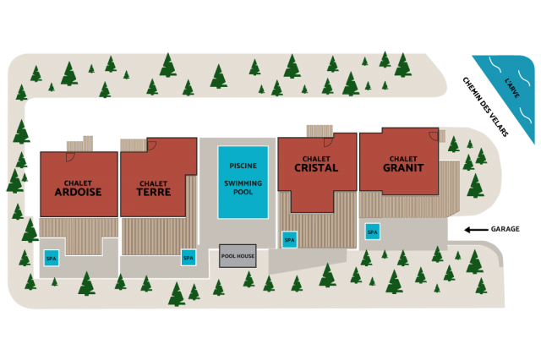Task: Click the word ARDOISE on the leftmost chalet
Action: coord(78,192)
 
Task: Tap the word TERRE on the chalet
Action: coord(154,192)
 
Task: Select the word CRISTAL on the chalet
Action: coord(316,167)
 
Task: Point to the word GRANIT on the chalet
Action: coord(402,167)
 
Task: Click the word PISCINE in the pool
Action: coord(243,166)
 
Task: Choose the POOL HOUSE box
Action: coord(238,255)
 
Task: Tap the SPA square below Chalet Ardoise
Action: coord(52,258)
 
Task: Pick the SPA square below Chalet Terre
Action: coord(188,258)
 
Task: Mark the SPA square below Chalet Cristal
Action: coord(289,240)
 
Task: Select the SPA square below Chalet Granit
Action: coord(372,231)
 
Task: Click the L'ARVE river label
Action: coord(512,90)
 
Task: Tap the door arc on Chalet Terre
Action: coord(152,145)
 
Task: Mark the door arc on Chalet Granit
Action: coord(434,136)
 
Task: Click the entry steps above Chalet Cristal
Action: coord(320,130)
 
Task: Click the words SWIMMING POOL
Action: coord(243,188)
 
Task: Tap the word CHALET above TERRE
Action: coord(154,183)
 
